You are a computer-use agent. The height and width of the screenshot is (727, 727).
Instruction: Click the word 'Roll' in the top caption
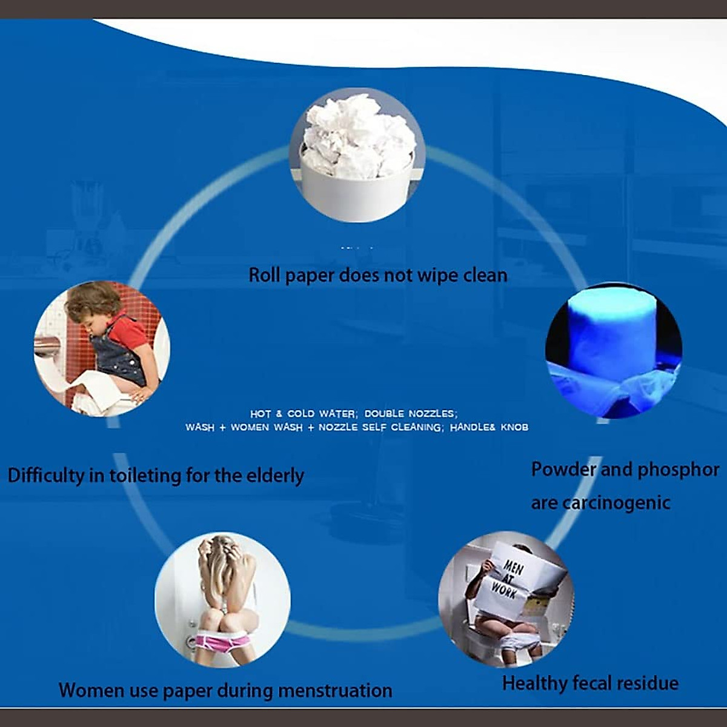coord(265,276)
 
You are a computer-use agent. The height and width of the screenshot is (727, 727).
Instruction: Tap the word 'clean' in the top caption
coord(485,276)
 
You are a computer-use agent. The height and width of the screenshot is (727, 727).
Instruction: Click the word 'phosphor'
coord(679,470)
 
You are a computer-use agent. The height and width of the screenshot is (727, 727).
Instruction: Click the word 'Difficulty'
coord(46,476)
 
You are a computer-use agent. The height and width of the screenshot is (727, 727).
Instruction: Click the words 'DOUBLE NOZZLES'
coord(410,414)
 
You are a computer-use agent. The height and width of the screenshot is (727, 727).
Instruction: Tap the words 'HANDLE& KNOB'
coord(489,428)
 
